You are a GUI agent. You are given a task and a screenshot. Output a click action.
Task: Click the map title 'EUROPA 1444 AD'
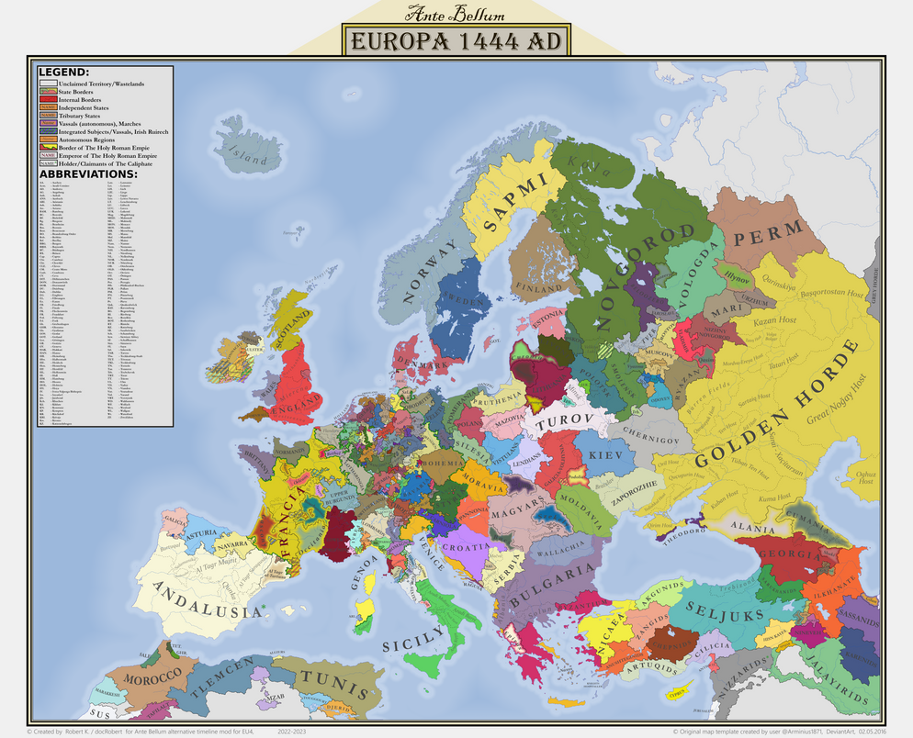tap(456, 41)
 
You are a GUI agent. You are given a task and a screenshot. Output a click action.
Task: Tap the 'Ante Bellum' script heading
tap(456, 14)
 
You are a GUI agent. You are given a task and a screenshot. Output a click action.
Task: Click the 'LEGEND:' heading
tap(64, 72)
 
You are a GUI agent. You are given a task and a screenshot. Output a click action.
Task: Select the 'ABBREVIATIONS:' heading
tap(88, 173)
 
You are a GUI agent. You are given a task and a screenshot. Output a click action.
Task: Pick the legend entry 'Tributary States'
tap(83, 117)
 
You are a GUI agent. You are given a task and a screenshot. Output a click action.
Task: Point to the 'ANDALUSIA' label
tap(207, 600)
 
